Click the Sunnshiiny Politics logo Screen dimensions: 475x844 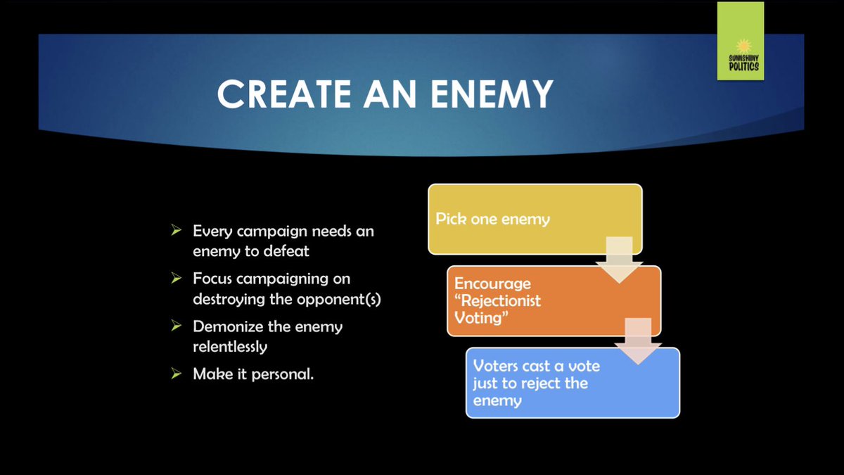740,42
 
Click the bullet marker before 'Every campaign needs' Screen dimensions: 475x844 177,231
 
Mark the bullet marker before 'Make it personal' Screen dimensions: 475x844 177,374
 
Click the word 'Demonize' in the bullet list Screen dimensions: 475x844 226,327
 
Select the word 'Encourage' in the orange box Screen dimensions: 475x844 492,284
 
